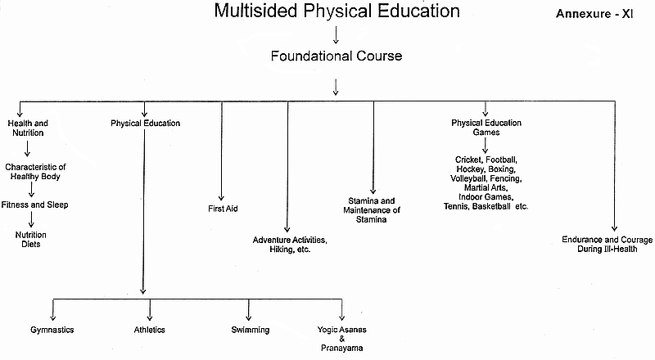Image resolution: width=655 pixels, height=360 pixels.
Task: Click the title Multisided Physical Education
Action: [x=336, y=11]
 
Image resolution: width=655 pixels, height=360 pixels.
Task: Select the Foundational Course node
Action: [x=336, y=56]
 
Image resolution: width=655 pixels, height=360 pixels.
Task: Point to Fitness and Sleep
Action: [x=34, y=205]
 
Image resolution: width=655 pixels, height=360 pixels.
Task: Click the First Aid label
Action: [x=222, y=209]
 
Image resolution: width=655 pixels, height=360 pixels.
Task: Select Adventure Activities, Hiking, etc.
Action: [x=289, y=244]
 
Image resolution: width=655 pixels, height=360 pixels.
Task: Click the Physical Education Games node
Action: [x=486, y=128]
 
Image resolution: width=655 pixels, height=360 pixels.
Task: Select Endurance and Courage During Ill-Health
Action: [x=607, y=244]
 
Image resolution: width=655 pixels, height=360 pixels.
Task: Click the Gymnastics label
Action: [x=52, y=330]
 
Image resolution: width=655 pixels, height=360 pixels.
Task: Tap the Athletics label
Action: [x=150, y=330]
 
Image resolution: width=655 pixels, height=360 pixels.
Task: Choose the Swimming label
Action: [x=250, y=330]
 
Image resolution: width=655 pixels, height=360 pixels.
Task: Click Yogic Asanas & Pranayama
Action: [x=341, y=339]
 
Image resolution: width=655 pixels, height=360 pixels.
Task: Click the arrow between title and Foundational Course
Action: [x=336, y=34]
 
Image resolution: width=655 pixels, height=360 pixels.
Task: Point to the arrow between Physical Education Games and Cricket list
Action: [x=486, y=145]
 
